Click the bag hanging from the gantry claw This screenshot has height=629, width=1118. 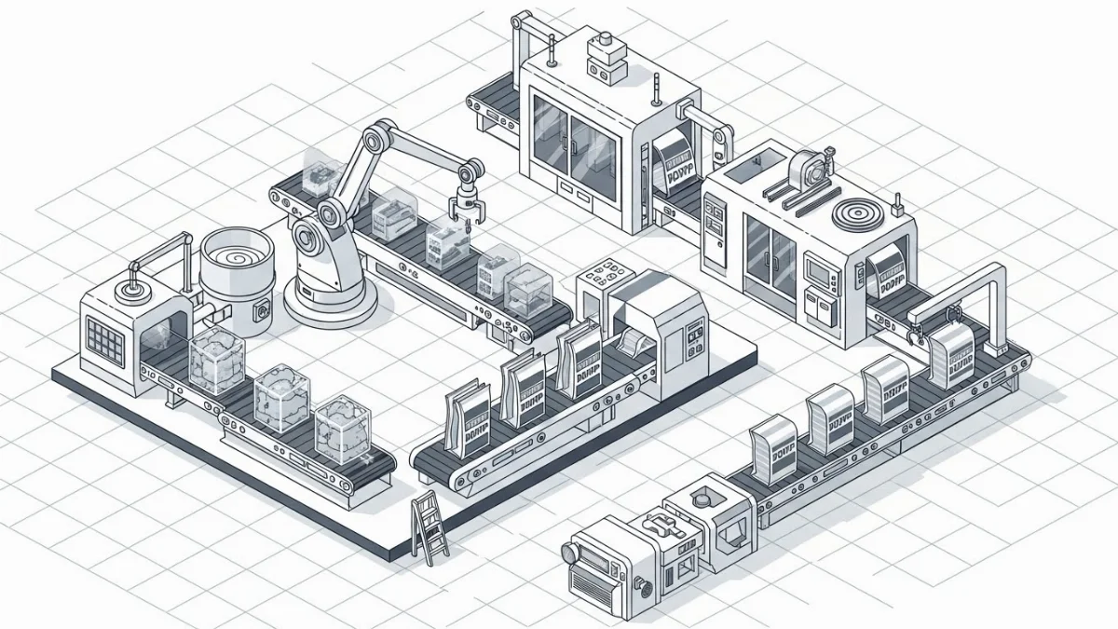tap(952, 355)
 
